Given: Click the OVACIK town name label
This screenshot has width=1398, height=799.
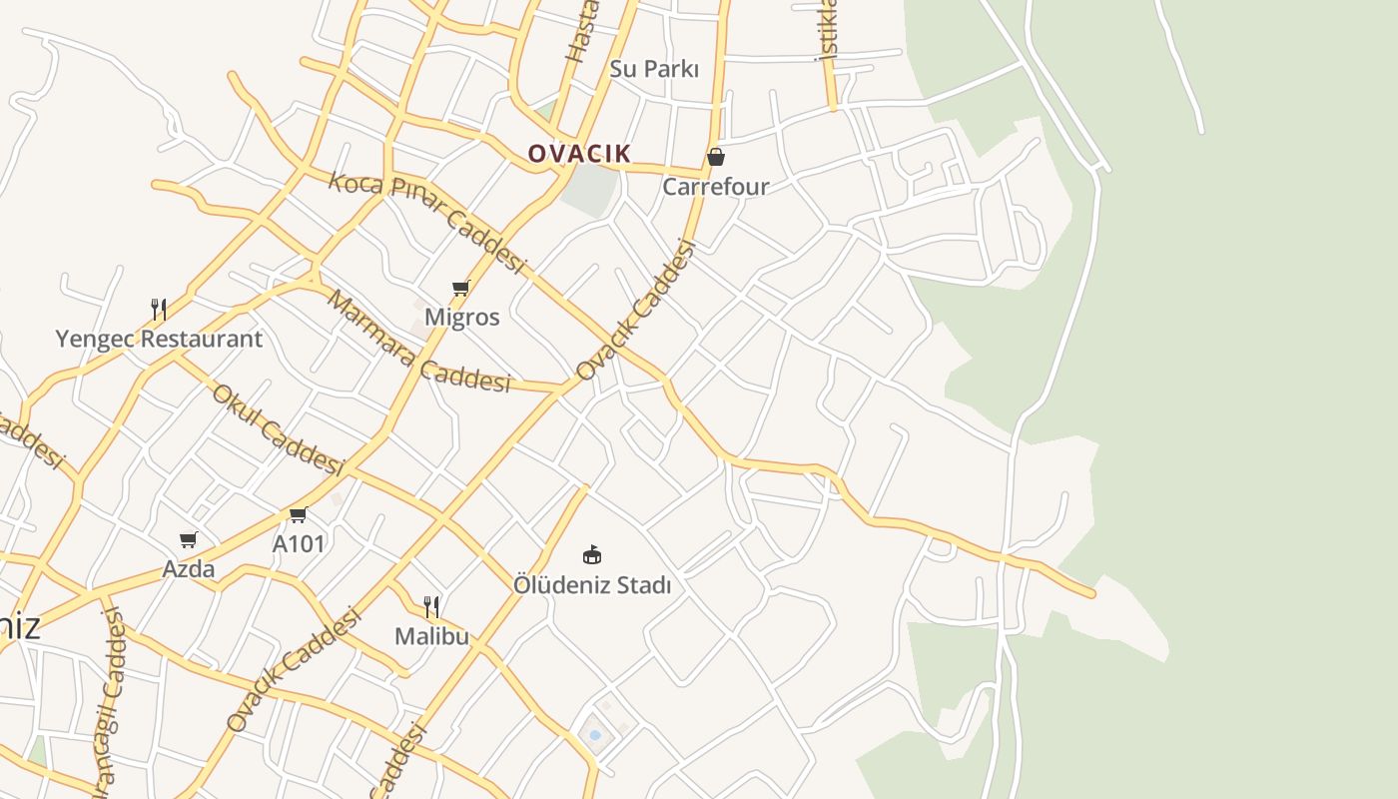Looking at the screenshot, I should [x=579, y=153].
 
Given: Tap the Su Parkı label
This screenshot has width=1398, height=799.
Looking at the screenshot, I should [x=654, y=69].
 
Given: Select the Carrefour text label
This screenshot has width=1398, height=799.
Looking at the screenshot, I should [x=716, y=187].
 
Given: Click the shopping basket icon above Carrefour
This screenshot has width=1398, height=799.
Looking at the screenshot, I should [x=716, y=157].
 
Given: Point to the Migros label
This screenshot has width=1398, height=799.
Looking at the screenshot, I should [x=461, y=317].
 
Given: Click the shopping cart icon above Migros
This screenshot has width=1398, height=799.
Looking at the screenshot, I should [x=460, y=289].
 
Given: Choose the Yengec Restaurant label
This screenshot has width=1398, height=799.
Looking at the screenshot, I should [x=159, y=339].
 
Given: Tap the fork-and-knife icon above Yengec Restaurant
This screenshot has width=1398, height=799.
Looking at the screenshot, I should [x=159, y=309].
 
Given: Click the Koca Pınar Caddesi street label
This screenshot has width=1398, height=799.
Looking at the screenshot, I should [x=427, y=222].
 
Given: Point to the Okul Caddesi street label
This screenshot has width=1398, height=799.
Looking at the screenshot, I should [x=278, y=429].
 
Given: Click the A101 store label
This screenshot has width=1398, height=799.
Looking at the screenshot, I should [x=299, y=544].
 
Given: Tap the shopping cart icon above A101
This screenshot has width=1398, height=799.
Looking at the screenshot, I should [x=298, y=515].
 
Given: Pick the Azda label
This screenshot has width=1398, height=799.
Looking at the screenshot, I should [x=189, y=569].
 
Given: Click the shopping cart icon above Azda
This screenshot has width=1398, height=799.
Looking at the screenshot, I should [x=189, y=540].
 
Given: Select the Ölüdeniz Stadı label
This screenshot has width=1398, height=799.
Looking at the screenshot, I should [x=592, y=585].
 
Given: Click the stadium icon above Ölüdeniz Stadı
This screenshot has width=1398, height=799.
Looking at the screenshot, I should [x=592, y=554].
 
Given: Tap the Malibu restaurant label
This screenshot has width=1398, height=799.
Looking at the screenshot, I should [x=431, y=636].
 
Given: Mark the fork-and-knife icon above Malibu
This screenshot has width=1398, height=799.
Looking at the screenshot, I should [x=431, y=606].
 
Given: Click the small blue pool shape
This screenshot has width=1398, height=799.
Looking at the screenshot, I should [x=595, y=735].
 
